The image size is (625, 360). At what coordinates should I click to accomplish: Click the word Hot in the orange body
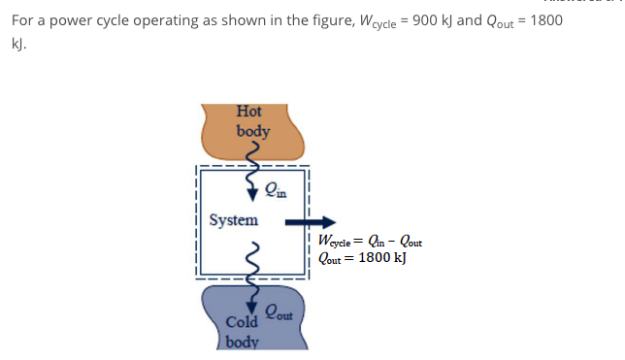tap(249, 112)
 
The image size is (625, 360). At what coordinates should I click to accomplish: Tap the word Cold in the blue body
tap(241, 322)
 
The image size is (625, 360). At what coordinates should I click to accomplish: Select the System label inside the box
tap(234, 220)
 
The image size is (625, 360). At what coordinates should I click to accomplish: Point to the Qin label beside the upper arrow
tap(275, 189)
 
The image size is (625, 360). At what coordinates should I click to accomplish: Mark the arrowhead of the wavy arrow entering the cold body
tap(251, 310)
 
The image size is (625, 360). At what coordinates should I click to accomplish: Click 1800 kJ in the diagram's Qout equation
tap(383, 258)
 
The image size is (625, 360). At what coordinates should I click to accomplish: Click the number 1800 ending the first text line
tap(544, 20)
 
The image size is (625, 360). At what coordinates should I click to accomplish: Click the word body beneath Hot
tap(253, 130)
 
